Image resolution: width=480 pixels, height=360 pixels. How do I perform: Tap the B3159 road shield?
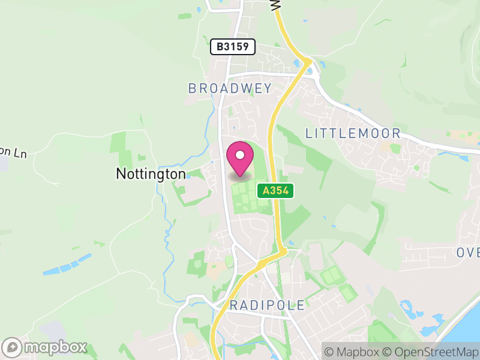pos(233,47)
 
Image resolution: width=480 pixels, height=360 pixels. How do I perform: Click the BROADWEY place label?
pos(230,88)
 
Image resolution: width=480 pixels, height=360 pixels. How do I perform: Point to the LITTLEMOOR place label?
pos(352,133)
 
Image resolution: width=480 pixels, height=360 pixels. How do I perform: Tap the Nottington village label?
pos(151,174)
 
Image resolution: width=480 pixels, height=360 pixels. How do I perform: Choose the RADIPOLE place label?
pos(268,305)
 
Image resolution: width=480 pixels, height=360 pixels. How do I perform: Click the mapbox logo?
pos(46,347)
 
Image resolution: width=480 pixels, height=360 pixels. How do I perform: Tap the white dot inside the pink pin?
pos(240,155)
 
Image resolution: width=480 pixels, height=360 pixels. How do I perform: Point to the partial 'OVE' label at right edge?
pos(468,252)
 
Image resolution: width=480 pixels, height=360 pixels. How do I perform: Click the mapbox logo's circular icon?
pos(13,347)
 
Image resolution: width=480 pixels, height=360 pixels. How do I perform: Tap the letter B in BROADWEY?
pos(192,88)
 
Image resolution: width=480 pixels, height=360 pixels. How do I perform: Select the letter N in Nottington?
pos(120,174)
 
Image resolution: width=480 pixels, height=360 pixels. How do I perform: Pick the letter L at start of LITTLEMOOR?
pos(309,133)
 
